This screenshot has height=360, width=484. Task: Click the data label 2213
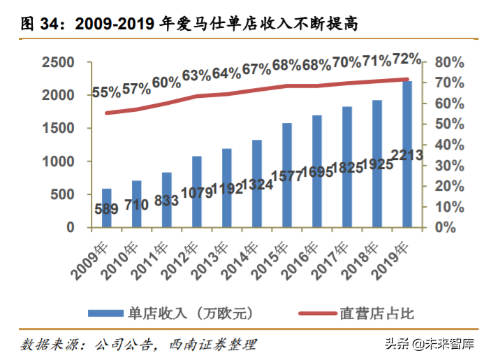[x=406, y=155]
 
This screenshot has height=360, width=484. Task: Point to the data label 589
[x=106, y=208]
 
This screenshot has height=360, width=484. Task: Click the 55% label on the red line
[x=106, y=93]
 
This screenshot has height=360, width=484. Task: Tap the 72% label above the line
[x=406, y=58]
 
